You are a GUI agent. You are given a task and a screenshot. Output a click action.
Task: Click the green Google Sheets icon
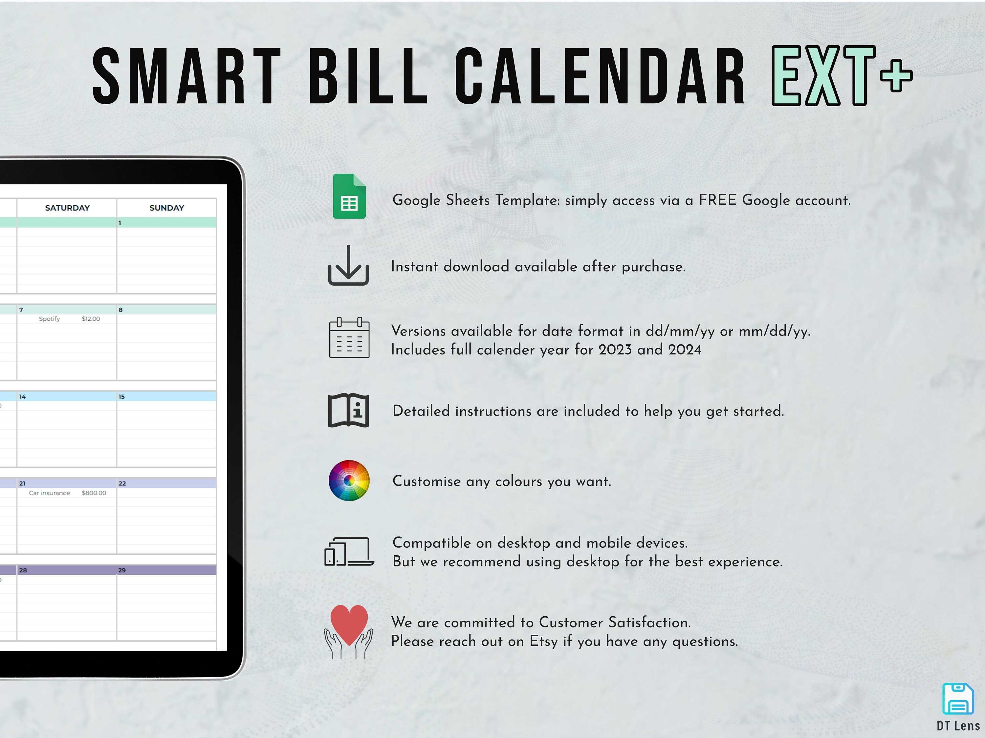pyautogui.click(x=349, y=196)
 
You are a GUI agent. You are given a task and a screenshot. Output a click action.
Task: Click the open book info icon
pyautogui.click(x=348, y=410)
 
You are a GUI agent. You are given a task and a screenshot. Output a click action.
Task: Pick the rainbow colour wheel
pyautogui.click(x=349, y=481)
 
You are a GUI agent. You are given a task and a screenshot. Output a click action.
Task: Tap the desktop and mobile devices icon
pyautogui.click(x=349, y=552)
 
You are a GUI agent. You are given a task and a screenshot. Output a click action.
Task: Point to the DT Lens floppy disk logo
pyautogui.click(x=957, y=699)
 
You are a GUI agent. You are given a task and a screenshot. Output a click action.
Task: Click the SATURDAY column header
pyautogui.click(x=67, y=208)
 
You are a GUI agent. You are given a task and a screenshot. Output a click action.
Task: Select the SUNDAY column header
pyautogui.click(x=166, y=208)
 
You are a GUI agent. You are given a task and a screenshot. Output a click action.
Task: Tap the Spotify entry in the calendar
pyautogui.click(x=50, y=319)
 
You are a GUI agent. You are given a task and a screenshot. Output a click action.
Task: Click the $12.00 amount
pyautogui.click(x=91, y=319)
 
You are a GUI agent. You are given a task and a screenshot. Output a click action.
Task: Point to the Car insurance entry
pyautogui.click(x=50, y=493)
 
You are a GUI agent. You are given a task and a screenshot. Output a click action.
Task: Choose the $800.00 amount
pyautogui.click(x=94, y=493)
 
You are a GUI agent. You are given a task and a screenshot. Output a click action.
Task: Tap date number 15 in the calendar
pyautogui.click(x=121, y=396)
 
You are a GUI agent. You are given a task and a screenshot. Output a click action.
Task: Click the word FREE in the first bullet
pyautogui.click(x=717, y=200)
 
